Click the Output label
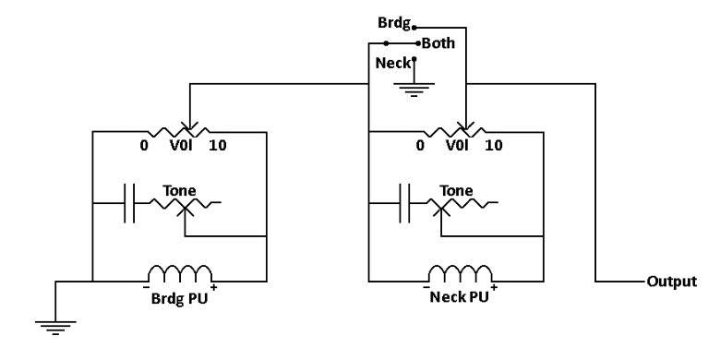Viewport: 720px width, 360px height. (x=671, y=281)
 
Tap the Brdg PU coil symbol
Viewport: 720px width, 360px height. (x=180, y=273)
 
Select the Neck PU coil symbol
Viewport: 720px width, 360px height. (x=460, y=273)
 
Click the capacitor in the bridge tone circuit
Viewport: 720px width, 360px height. (x=129, y=203)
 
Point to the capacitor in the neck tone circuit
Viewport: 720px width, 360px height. (x=405, y=203)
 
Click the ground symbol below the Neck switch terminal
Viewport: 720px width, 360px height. (x=414, y=90)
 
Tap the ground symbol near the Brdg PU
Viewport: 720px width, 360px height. (x=55, y=328)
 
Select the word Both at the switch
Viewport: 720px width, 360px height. (x=438, y=43)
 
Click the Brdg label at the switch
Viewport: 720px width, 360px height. (x=394, y=23)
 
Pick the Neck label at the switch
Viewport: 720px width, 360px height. (x=393, y=64)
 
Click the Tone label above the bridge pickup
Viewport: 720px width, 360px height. (x=180, y=190)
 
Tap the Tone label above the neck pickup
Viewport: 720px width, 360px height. (x=456, y=190)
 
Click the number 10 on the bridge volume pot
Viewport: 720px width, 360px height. (x=218, y=146)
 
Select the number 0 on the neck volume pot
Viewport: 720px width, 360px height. (x=420, y=146)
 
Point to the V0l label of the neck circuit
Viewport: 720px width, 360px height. (x=458, y=146)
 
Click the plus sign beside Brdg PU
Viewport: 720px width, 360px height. (x=213, y=288)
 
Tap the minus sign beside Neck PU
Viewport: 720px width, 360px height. (x=426, y=287)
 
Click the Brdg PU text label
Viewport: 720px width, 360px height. (x=180, y=298)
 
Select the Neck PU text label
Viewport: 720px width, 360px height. (x=459, y=297)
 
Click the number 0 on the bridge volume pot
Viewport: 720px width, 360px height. (x=144, y=146)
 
